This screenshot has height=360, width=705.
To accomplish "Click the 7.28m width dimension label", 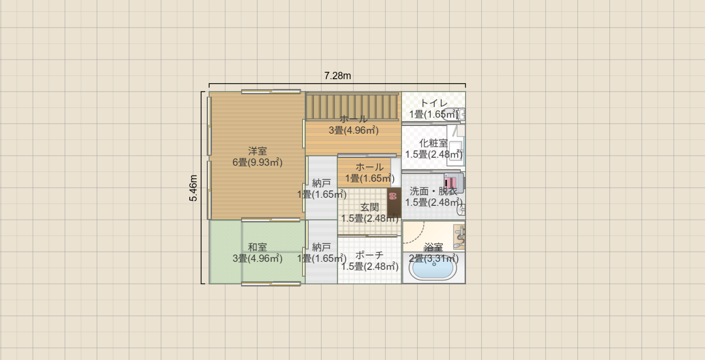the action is tap(338, 76).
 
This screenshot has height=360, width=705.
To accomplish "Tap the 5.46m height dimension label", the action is tap(193, 188).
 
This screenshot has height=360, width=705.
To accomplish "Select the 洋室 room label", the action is tap(258, 151).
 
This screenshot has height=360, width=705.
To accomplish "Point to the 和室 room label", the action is tap(258, 247).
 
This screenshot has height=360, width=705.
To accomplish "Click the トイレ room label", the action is tap(434, 103).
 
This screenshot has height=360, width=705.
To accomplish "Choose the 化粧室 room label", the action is tap(434, 143).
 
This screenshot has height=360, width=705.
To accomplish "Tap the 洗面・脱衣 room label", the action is tap(434, 191).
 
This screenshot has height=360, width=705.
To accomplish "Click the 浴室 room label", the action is tap(434, 247).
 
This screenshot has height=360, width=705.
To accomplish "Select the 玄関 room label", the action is tap(370, 207).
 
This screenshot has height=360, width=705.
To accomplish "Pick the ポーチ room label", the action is tap(370, 255).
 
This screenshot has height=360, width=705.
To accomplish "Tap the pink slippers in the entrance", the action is tap(393, 196).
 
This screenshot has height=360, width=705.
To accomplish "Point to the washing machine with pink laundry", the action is tap(454, 183).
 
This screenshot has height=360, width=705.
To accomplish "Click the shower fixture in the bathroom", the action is tap(459, 237).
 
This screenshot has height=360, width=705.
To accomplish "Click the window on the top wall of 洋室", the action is tap(271, 92).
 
